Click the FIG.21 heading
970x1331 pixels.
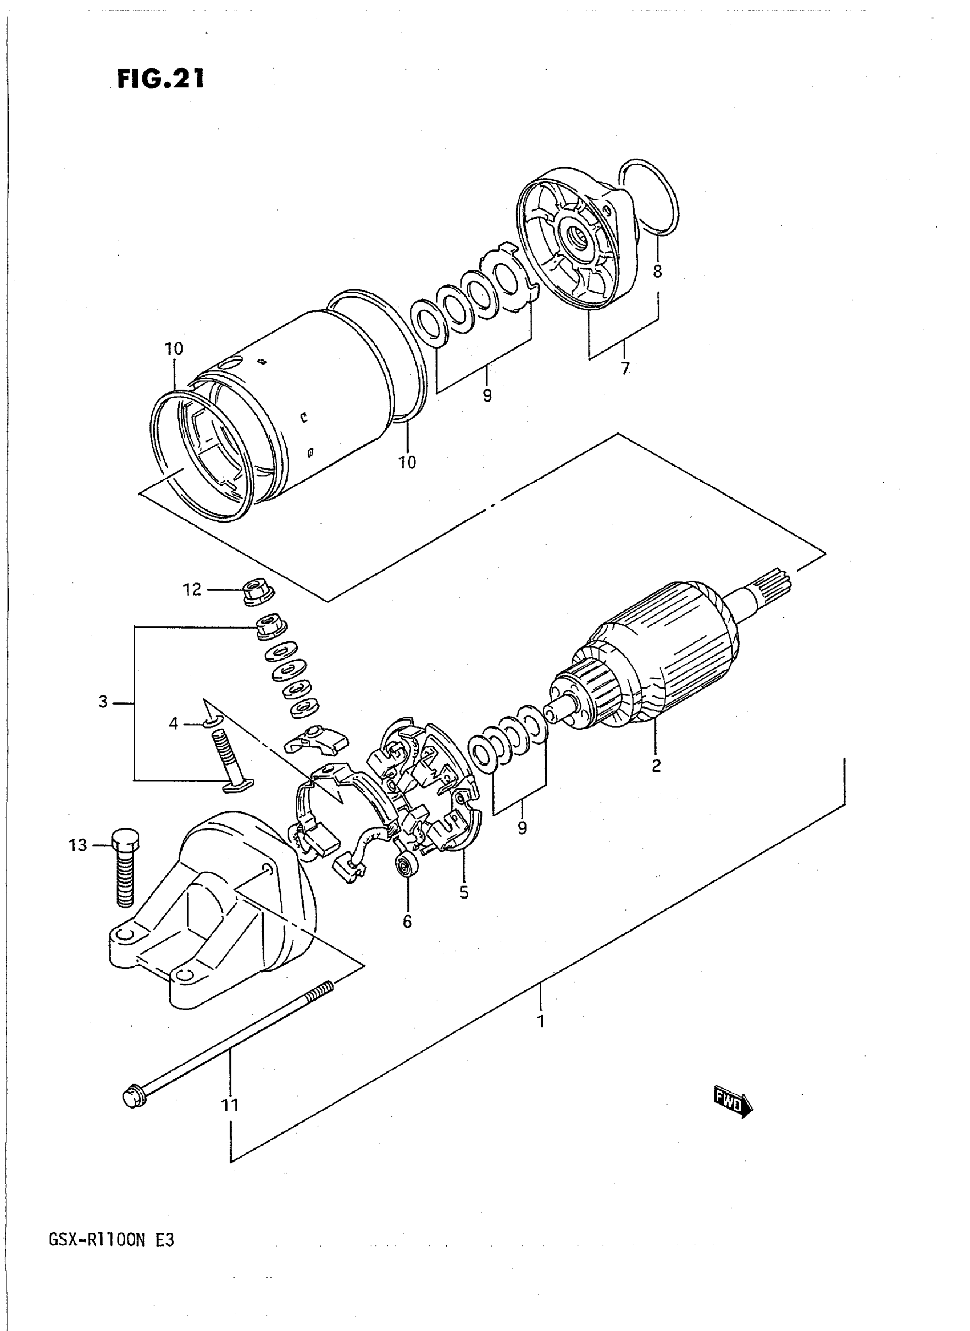[160, 79]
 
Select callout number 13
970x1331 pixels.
[78, 845]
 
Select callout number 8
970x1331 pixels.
[657, 271]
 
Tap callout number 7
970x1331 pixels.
[625, 369]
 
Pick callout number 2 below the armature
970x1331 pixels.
[656, 766]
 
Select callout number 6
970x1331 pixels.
[407, 922]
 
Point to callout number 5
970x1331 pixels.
[464, 892]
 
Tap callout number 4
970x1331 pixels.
[173, 724]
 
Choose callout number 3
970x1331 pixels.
[103, 702]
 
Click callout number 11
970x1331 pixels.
[229, 1106]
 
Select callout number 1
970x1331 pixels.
[541, 1022]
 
